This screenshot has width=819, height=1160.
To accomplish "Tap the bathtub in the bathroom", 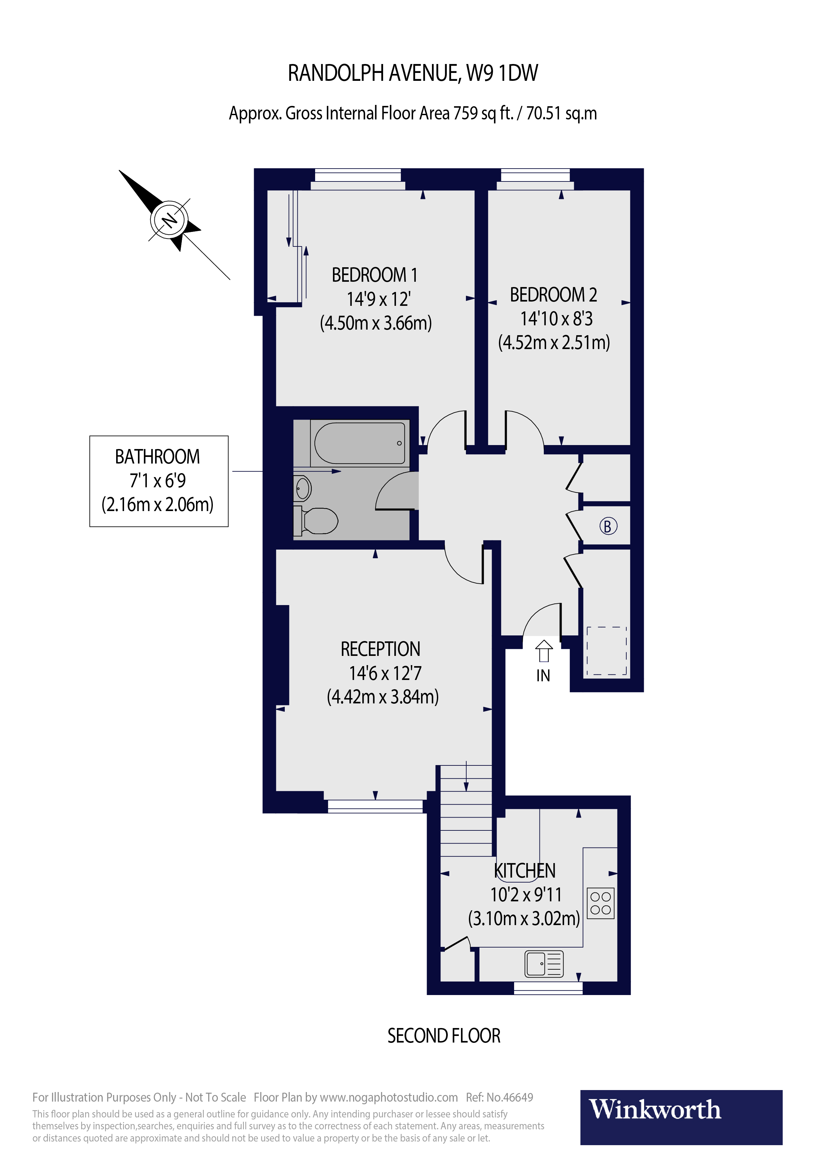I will pyautogui.click(x=360, y=443).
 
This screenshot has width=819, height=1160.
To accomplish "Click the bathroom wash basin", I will pyautogui.click(x=303, y=489).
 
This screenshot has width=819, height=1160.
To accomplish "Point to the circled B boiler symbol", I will pyautogui.click(x=608, y=527).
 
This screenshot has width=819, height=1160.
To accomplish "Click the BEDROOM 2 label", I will pyautogui.click(x=553, y=295).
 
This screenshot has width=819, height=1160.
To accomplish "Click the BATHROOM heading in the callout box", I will pyautogui.click(x=158, y=457).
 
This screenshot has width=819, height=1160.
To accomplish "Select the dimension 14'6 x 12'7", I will pyautogui.click(x=385, y=673).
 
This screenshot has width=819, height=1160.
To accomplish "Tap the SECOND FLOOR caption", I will pyautogui.click(x=443, y=1036).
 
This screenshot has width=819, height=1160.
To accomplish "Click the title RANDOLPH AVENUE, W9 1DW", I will pyautogui.click(x=413, y=73).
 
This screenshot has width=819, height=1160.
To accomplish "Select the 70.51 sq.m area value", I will pyautogui.click(x=561, y=113).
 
